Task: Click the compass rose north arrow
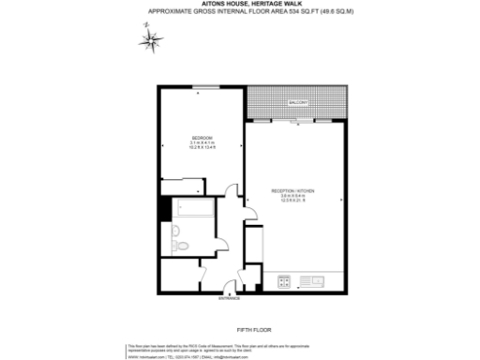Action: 150,40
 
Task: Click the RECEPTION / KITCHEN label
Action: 292,191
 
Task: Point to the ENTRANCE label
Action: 230,299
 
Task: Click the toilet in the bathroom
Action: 184,246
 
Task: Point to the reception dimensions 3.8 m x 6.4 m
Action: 292,197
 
